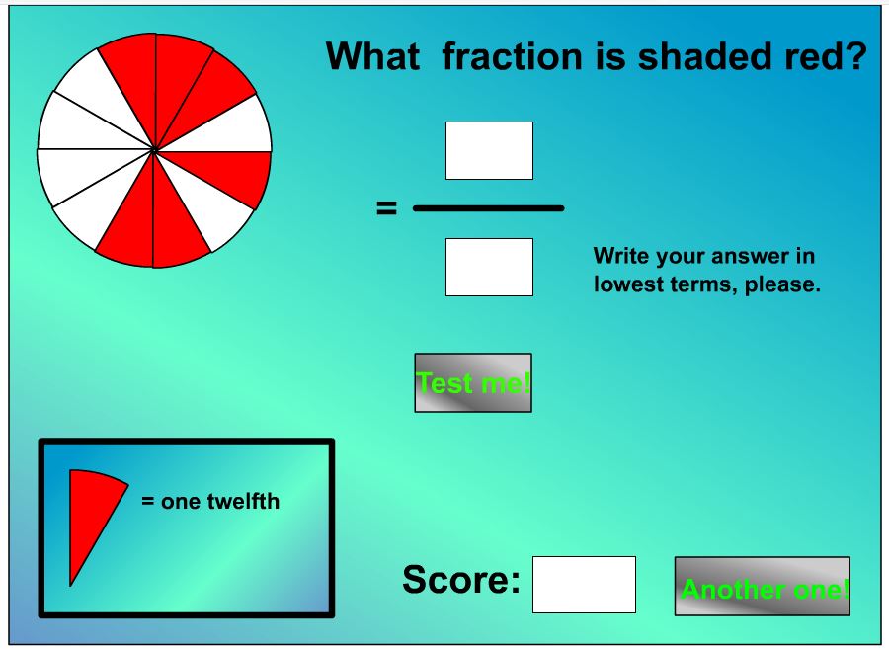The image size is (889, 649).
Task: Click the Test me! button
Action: click(x=473, y=382)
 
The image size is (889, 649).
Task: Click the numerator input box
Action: click(x=489, y=150)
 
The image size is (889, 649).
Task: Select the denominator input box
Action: click(x=489, y=267)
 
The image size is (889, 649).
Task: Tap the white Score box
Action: click(x=584, y=585)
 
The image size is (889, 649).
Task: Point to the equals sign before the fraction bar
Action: click(x=386, y=208)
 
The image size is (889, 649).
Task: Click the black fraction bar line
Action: click(x=489, y=208)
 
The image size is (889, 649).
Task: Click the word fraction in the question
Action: click(x=512, y=56)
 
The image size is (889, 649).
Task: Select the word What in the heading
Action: click(x=372, y=56)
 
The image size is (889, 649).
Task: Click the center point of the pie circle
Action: click(x=154, y=150)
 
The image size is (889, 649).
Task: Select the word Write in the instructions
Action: click(x=621, y=256)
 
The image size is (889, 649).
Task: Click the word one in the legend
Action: click(x=181, y=502)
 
